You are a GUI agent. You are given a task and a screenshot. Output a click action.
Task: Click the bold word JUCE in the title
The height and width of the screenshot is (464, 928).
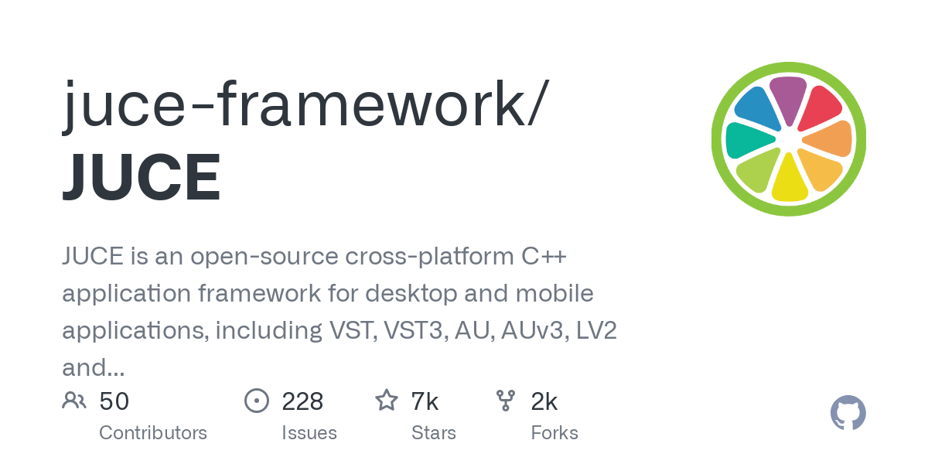pyautogui.click(x=142, y=177)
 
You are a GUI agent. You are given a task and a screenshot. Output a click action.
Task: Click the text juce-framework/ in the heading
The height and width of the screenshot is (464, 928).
pyautogui.click(x=305, y=104)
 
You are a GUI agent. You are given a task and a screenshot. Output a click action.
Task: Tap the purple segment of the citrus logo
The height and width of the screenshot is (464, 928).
pyautogui.click(x=788, y=99)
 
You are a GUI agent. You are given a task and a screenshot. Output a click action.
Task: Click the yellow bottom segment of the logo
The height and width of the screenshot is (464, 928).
pyautogui.click(x=790, y=178)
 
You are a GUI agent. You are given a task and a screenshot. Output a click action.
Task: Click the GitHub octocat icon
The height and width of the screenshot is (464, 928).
pyautogui.click(x=848, y=414)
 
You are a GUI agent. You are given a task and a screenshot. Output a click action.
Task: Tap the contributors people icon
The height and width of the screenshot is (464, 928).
pyautogui.click(x=74, y=401)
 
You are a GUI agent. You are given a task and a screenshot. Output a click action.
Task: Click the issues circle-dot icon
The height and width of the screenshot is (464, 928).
pyautogui.click(x=257, y=401)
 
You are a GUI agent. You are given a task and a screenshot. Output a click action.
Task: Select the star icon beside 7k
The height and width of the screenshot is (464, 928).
pyautogui.click(x=386, y=401)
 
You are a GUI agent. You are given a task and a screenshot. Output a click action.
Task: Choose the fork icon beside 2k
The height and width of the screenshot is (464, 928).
pyautogui.click(x=506, y=401)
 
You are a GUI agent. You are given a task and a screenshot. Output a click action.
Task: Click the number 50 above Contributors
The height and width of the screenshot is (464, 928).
pyautogui.click(x=114, y=401)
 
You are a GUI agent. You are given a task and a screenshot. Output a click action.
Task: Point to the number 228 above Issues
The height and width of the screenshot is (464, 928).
pyautogui.click(x=302, y=401)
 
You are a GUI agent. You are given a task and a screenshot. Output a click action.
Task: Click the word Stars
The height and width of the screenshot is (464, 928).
pyautogui.click(x=434, y=433)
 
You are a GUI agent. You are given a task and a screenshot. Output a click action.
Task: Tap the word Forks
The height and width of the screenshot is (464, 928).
pyautogui.click(x=554, y=433)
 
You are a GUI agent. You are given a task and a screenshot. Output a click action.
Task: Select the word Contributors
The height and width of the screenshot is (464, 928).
pyautogui.click(x=153, y=433)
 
